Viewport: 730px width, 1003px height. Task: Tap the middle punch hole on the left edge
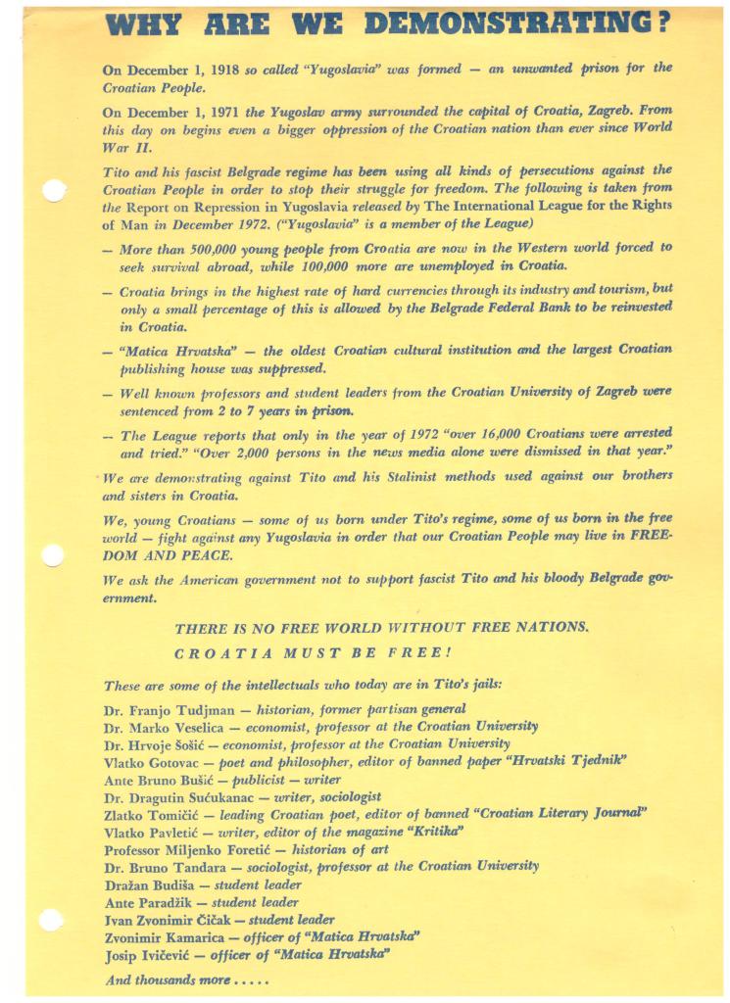[x=52, y=556]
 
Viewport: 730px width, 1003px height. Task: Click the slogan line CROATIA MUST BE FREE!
[x=312, y=652]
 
